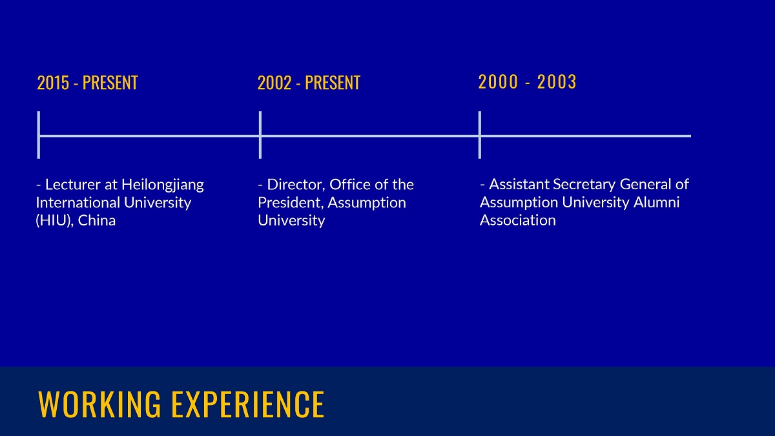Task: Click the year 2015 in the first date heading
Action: (x=53, y=83)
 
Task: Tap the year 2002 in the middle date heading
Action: (x=274, y=83)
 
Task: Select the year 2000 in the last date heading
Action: (x=498, y=82)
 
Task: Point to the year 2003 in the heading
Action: (x=556, y=82)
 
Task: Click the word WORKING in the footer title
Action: (x=99, y=404)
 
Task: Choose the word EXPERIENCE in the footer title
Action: (x=248, y=404)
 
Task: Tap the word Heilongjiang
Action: (x=163, y=185)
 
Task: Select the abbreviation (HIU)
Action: (x=55, y=221)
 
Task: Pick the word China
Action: (x=96, y=220)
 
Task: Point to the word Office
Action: (x=350, y=185)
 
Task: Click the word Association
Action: (x=517, y=220)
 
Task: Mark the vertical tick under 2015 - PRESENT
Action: (x=38, y=135)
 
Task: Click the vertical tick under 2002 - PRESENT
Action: (x=260, y=135)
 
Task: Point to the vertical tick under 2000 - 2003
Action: (x=480, y=135)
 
